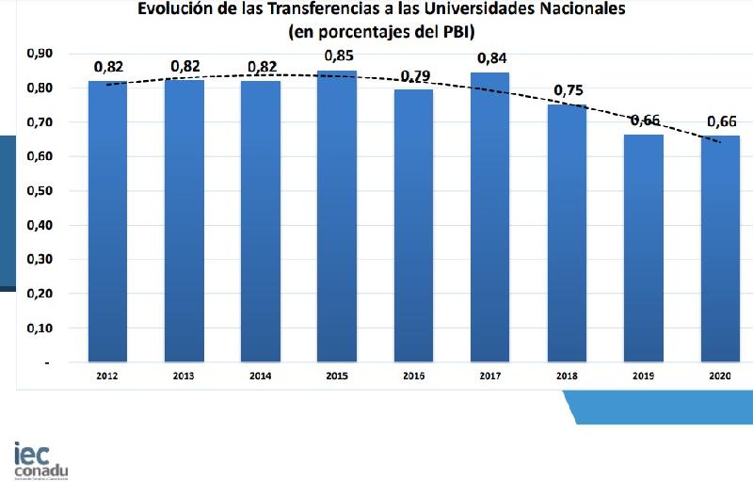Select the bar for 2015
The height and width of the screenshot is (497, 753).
tap(337, 216)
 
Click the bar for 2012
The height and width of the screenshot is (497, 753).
tap(107, 221)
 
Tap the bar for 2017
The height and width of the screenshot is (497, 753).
tap(489, 216)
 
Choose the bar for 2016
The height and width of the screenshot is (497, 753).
tap(413, 226)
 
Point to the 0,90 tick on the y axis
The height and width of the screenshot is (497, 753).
tap(39, 54)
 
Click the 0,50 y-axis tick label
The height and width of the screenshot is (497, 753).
tap(39, 191)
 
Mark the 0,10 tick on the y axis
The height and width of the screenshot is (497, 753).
tap(39, 329)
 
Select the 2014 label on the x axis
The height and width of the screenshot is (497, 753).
tap(260, 376)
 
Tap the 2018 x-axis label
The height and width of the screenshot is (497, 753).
tap(567, 376)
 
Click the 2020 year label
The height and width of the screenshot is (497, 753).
tap(720, 376)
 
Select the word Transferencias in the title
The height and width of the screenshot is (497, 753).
tap(310, 11)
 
